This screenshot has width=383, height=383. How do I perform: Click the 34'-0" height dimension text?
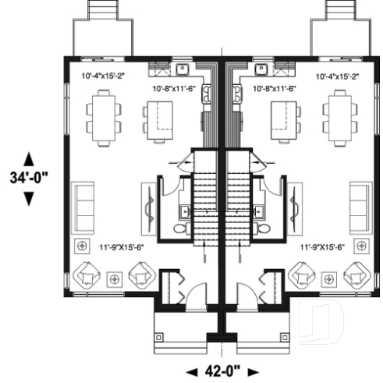(x=30, y=177)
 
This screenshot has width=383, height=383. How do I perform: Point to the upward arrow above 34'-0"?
(x=30, y=158)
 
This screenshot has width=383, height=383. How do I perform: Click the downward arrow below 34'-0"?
(x=30, y=198)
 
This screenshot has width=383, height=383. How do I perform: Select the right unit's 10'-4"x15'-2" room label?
(x=337, y=76)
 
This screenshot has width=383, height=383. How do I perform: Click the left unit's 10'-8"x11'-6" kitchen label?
(x=174, y=89)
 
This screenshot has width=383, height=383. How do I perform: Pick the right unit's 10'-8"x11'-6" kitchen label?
(x=275, y=89)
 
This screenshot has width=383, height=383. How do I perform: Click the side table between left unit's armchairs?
(x=115, y=277)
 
